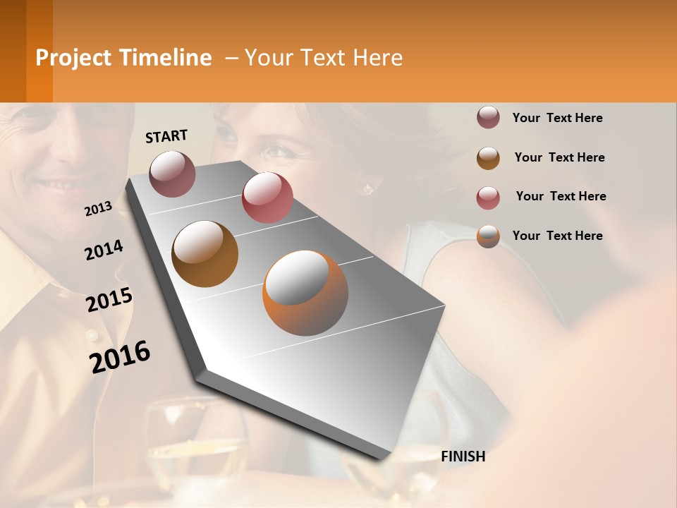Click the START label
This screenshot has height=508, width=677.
(x=166, y=135)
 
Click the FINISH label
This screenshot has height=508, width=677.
(x=463, y=456)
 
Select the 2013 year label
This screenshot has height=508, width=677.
(x=99, y=208)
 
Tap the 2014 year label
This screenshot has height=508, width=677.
(x=104, y=250)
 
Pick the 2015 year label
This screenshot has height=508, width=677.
(x=109, y=300)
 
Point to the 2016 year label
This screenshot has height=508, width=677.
(x=120, y=356)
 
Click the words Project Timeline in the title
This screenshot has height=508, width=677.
(x=123, y=58)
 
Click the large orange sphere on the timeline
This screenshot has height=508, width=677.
(x=305, y=293)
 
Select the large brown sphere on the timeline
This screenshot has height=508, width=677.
(x=205, y=254)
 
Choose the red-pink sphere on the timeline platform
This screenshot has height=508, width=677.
(x=267, y=198)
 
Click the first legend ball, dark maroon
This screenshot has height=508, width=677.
(x=488, y=118)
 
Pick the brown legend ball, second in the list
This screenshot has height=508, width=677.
(x=488, y=158)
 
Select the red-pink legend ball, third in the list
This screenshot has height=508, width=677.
(x=488, y=198)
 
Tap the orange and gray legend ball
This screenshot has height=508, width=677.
(x=488, y=236)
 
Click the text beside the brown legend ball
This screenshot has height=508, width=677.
(x=559, y=157)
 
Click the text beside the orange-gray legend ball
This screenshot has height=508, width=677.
(x=557, y=236)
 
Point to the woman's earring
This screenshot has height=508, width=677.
(x=367, y=188)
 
